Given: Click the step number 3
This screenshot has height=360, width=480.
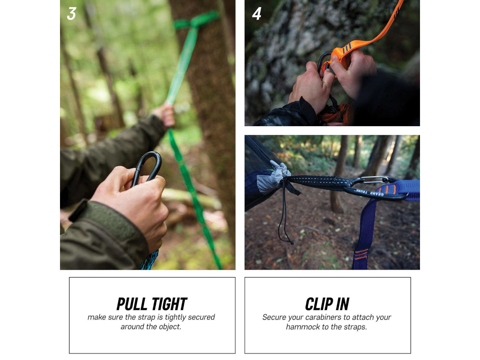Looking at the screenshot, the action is [71, 14].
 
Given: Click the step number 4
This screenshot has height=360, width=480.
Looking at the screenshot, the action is [256, 14].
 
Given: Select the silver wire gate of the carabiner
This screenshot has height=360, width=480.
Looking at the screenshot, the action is [374, 180].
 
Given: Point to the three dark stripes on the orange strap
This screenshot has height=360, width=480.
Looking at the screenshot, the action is [346, 48].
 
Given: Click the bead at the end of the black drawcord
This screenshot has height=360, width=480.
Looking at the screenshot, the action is [291, 243].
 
